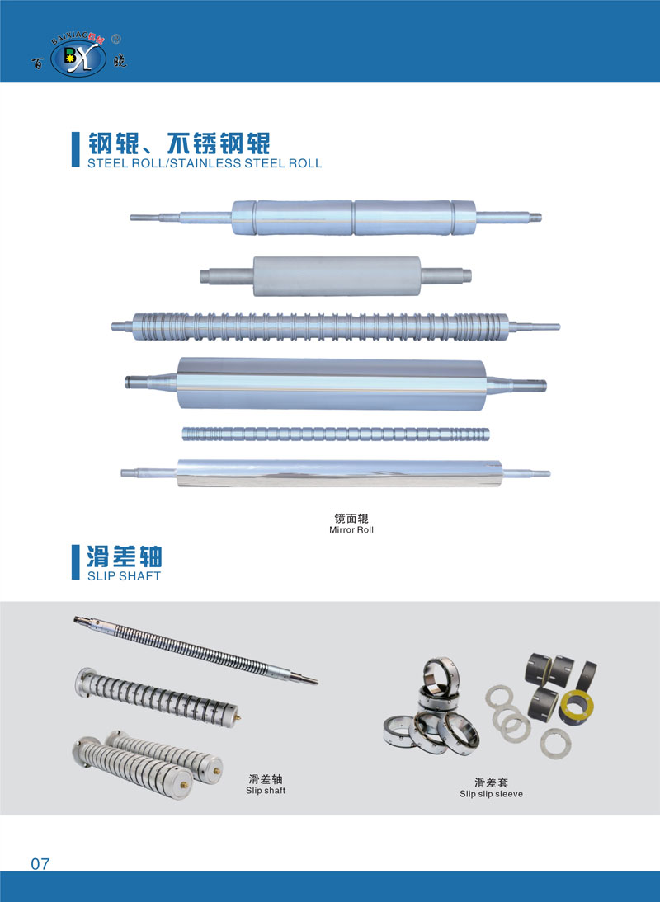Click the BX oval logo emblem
pos(78,58)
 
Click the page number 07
pos(40,863)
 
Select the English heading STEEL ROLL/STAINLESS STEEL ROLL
pos(205,163)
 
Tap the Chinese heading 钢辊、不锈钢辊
pos(178,143)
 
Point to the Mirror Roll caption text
pos(351,530)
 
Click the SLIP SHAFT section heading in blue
pos(124,575)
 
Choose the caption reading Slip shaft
pos(266,791)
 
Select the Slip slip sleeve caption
pos(492,794)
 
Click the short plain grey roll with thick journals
pos(336,276)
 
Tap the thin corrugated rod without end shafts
pos(336,434)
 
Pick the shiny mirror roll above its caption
pos(336,473)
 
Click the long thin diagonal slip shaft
pos(196,650)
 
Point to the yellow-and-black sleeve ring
pos(576,707)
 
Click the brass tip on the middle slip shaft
pos(238,717)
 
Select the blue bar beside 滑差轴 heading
pos(75,562)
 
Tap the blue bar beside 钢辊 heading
pos(75,149)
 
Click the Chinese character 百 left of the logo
pos(37,63)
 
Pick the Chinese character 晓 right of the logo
pos(120,62)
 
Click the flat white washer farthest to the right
pos(555,744)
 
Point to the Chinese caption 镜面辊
pos(351,519)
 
